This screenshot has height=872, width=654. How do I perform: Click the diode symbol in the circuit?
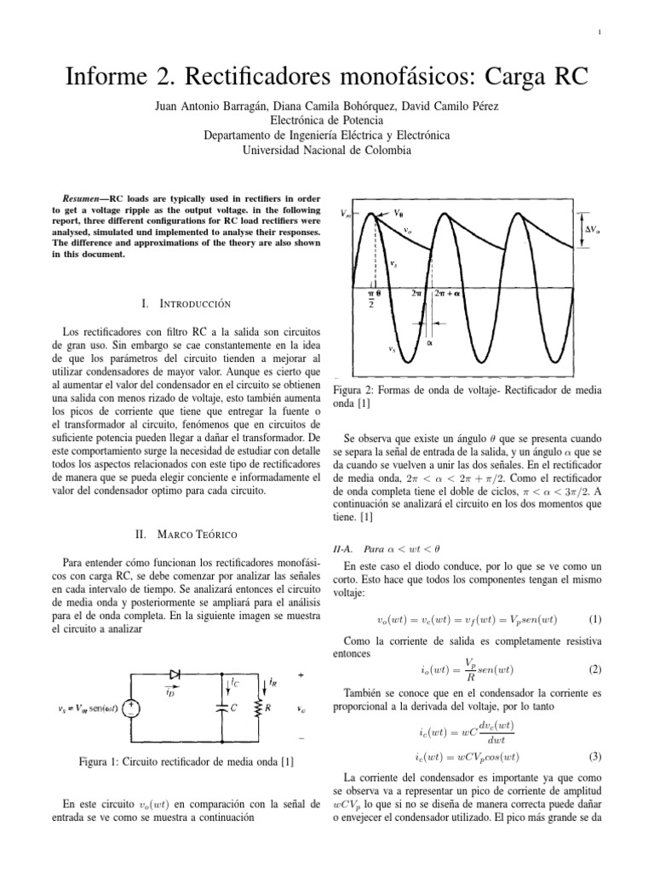point(175,674)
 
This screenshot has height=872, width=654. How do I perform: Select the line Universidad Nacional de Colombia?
point(327,149)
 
